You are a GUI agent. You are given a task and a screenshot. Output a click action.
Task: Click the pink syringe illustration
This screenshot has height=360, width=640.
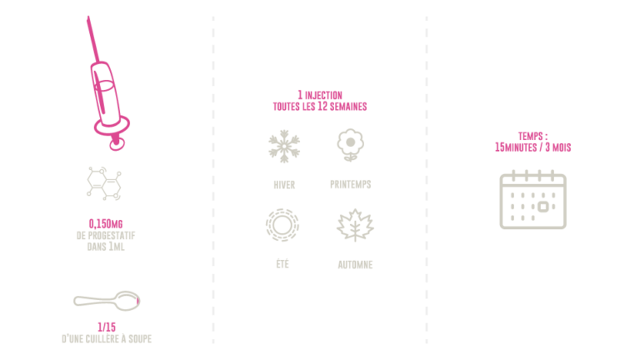point(107,92)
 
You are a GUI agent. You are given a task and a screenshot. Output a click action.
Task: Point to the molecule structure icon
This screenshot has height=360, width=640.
point(104,182)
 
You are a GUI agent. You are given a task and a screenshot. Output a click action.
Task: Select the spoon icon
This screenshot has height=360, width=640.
point(106,300)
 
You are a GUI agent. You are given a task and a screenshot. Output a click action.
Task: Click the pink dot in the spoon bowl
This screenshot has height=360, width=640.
point(137,300)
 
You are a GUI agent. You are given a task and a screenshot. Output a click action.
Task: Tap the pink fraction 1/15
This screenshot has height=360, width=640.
point(106,327)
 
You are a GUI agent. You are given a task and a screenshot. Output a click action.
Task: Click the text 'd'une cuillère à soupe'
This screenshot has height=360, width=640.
point(106,339)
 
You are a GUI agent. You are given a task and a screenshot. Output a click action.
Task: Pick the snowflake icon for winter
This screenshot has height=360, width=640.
point(284,146)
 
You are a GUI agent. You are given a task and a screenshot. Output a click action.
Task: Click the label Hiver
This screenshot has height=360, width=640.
point(284,184)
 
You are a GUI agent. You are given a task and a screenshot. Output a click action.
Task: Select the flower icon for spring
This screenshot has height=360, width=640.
point(350,144)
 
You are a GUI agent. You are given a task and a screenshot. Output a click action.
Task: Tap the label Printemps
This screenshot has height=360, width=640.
point(350,184)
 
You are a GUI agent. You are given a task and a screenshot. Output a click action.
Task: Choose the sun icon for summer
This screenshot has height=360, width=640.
point(282,225)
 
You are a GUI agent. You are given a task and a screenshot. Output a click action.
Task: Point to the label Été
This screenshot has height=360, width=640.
point(282,263)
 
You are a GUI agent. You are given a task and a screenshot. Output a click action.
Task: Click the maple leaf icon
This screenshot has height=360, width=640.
point(355,225)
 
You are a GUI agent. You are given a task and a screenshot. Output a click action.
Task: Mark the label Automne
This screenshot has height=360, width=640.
point(355,264)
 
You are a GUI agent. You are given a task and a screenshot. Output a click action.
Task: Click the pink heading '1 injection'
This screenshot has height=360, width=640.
point(320,95)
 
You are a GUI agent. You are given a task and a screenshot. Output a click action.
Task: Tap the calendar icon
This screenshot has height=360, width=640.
point(533,200)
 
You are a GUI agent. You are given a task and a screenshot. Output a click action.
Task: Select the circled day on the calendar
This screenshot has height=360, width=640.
point(543,206)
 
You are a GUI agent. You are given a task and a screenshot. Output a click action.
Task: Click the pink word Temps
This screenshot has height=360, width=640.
point(532,137)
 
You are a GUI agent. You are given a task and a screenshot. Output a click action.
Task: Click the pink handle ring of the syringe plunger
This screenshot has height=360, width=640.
point(117,142)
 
